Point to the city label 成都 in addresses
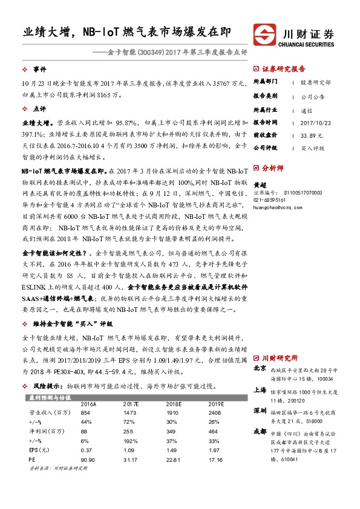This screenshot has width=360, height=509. (x=260, y=432)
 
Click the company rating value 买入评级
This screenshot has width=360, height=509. (x=313, y=148)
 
